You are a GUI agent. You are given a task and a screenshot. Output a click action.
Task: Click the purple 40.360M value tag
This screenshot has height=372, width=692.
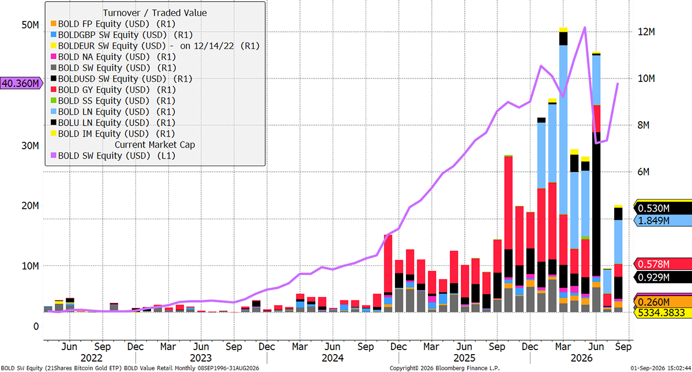pos(21,83)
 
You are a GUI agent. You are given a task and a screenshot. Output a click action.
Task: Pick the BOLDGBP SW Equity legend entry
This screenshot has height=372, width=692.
pos(122,35)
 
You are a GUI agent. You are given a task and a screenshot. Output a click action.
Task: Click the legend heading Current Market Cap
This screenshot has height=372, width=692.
pos(155,145)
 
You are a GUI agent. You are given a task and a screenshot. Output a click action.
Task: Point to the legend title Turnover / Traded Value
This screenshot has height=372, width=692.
pos(155,13)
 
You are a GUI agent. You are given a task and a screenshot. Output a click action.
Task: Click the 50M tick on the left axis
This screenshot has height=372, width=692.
pos(30,25)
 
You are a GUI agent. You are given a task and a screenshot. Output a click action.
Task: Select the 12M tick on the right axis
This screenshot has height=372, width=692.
pos(646,32)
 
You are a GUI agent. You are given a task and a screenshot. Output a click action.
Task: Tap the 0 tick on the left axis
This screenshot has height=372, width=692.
pos(36,326)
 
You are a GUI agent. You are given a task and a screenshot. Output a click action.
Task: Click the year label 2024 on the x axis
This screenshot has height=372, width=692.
pos(333,358)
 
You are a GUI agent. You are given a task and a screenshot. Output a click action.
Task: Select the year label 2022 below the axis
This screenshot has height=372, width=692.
pos(92,358)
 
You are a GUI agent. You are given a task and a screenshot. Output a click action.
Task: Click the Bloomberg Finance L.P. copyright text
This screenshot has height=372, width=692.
pos(445,369)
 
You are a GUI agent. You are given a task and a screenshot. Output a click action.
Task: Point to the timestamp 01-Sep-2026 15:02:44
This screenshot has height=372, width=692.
pos(661,369)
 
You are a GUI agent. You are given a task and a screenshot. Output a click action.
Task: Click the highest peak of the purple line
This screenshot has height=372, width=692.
pos(585,28)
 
